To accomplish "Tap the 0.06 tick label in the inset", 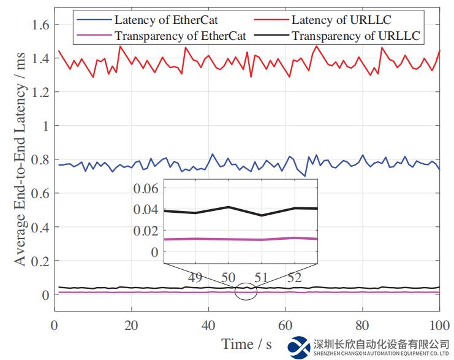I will point(146,188).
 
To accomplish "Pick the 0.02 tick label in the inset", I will point(146,231).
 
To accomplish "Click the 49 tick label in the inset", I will point(195,277).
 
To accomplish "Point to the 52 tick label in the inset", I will point(295,277).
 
